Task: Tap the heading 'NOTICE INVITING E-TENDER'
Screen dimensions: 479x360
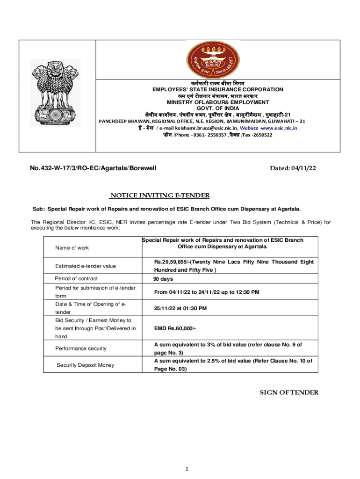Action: pos(159,196)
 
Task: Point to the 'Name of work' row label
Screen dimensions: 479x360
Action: pos(72,247)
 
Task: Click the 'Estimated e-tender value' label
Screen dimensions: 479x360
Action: pos(86,266)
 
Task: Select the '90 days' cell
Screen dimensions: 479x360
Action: pos(163,279)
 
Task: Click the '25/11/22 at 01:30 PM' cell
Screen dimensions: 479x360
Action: pos(180,308)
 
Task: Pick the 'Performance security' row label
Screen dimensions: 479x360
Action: pos(80,348)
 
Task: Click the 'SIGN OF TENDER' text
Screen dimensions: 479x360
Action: pos(289,392)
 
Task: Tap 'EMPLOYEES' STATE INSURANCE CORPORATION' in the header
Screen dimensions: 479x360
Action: pos(218,89)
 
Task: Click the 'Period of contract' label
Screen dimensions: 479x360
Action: pos(76,279)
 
